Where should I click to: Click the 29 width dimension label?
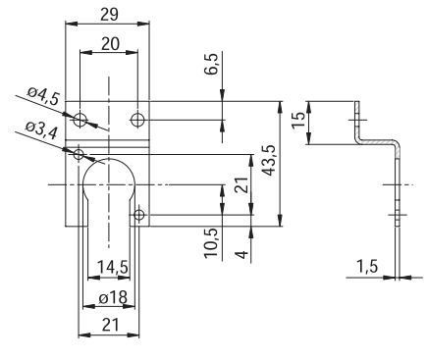click(x=109, y=15)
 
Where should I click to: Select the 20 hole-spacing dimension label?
click(x=110, y=44)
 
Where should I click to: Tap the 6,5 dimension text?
click(x=212, y=65)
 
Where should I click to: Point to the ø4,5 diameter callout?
click(x=43, y=96)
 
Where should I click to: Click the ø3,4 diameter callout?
click(x=42, y=131)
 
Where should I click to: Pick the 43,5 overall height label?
click(x=269, y=160)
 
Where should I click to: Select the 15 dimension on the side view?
click(x=298, y=121)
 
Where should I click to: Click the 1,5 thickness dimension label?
click(x=366, y=267)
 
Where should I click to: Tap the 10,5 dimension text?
click(x=212, y=242)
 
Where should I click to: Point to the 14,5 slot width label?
click(x=113, y=268)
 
